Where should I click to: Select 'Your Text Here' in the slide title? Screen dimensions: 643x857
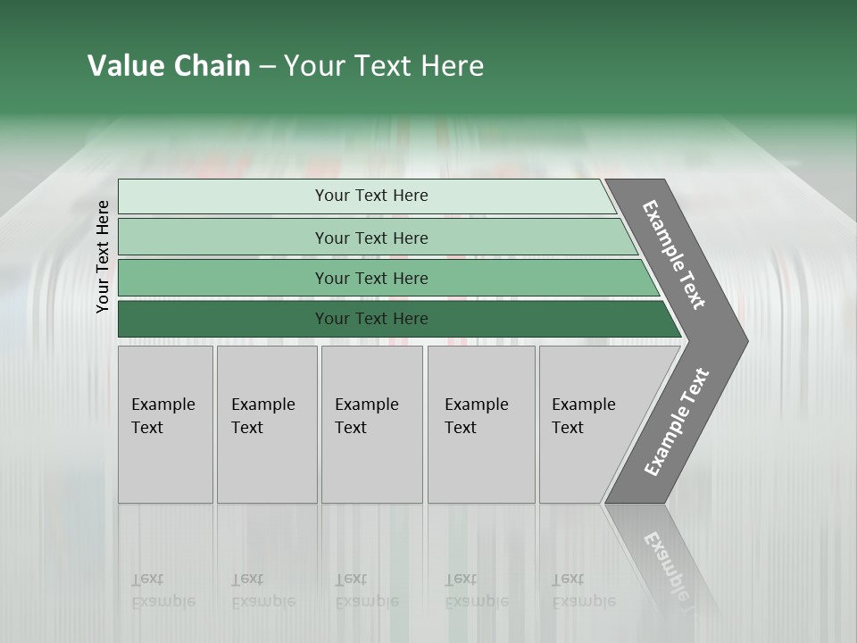tap(384, 66)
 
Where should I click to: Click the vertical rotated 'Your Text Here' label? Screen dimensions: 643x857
tap(103, 257)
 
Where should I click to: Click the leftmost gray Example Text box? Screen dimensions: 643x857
tap(165, 424)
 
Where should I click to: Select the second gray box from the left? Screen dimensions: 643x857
tap(267, 424)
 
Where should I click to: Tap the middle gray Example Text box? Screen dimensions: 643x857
tap(371, 424)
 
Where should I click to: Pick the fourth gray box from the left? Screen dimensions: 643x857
tap(481, 424)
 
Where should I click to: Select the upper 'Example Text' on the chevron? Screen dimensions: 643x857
tap(674, 255)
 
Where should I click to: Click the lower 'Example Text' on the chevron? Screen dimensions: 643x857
tap(677, 422)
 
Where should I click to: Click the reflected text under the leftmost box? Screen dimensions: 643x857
tap(162, 590)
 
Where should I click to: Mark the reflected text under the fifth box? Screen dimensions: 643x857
tap(583, 590)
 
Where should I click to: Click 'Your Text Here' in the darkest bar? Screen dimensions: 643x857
tap(371, 319)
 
